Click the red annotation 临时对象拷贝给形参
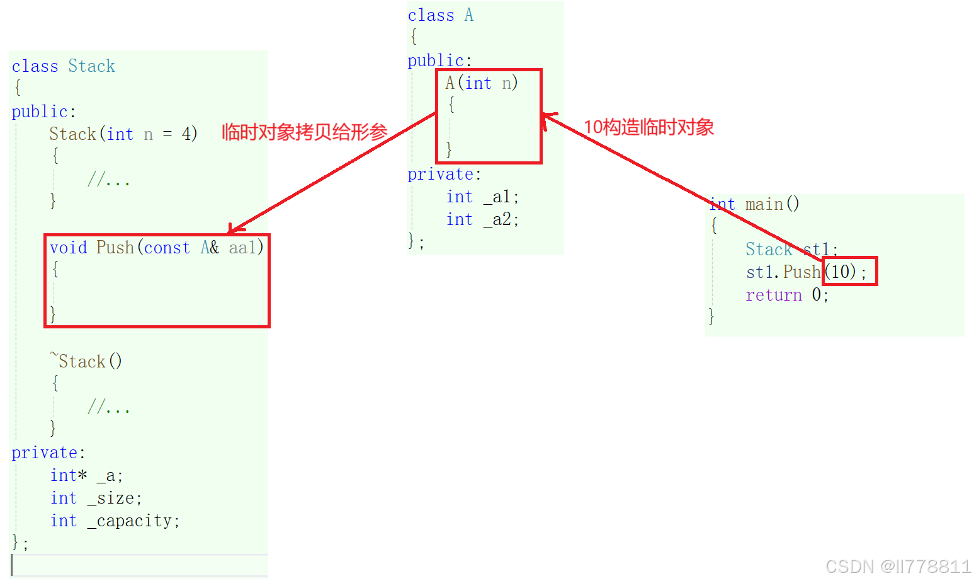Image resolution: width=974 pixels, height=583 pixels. [x=304, y=132]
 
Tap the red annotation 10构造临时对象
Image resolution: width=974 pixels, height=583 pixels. [x=648, y=127]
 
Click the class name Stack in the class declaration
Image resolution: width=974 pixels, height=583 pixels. [x=91, y=66]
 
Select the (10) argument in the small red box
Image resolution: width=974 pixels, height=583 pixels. [x=841, y=272]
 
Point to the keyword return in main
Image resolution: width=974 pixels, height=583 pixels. [x=774, y=295]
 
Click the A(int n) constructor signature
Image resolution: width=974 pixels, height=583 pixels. [x=481, y=83]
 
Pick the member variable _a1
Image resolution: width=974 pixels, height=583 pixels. [x=501, y=197]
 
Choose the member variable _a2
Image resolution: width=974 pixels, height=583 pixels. [x=501, y=220]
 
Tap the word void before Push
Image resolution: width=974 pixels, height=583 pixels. [x=68, y=248]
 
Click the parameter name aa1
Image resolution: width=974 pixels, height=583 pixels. [x=243, y=248]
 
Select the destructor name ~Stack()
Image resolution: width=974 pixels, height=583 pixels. [x=86, y=361]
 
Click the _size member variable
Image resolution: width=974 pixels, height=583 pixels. [x=115, y=499]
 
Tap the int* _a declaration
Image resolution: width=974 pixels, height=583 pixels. [x=86, y=476]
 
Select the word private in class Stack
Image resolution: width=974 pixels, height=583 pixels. [x=45, y=453]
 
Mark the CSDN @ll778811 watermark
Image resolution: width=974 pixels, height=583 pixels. [x=898, y=567]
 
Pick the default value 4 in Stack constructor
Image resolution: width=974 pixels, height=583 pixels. [x=186, y=134]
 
